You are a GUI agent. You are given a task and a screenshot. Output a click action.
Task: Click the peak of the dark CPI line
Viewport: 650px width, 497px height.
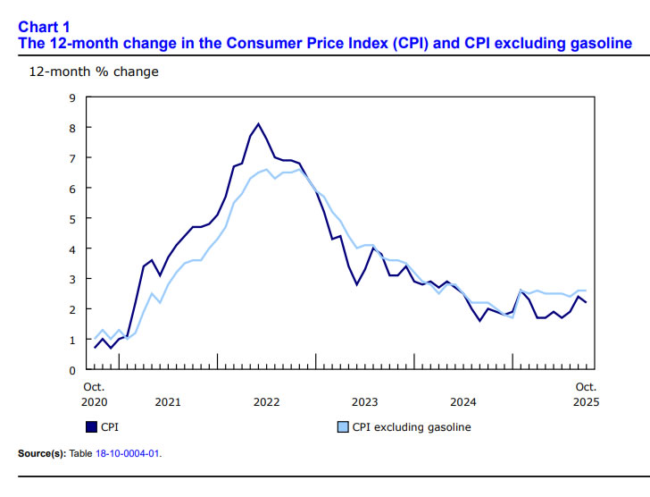(x=258, y=124)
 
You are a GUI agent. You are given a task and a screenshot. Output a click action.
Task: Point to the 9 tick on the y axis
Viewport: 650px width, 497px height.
(x=71, y=97)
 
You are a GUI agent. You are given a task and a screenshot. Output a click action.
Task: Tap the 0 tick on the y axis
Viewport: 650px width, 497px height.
(x=71, y=370)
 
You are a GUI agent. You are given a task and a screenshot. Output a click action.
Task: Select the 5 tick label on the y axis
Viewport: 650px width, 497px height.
(x=71, y=218)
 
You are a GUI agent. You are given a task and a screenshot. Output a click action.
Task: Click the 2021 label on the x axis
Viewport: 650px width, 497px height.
(x=167, y=401)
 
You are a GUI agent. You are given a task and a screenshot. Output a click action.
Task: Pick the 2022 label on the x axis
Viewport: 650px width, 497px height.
(x=266, y=401)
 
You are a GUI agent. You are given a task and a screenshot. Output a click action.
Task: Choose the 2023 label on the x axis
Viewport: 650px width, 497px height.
(x=364, y=401)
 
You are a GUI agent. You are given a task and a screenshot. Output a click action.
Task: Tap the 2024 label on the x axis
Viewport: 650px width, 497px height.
(x=462, y=401)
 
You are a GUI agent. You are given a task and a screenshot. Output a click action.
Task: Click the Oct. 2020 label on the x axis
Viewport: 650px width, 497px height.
(x=93, y=394)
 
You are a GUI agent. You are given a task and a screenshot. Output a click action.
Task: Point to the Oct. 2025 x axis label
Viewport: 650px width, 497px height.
(x=585, y=394)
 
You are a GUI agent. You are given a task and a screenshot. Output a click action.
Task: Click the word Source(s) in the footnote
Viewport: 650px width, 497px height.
(x=41, y=454)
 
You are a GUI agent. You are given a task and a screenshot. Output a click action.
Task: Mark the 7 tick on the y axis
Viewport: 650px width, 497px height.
(x=71, y=157)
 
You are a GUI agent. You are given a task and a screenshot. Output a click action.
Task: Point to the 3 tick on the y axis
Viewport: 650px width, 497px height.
(x=71, y=279)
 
